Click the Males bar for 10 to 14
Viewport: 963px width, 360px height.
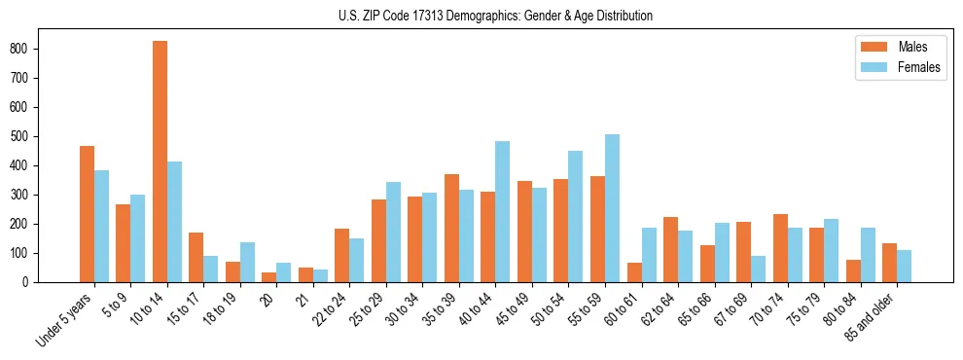click(160, 162)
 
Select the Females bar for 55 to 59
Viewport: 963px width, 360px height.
click(612, 208)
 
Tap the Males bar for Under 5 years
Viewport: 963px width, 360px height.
click(87, 214)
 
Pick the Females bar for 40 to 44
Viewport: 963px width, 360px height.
click(502, 212)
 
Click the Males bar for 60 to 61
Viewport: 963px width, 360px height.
click(634, 272)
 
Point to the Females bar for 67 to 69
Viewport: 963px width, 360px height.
click(758, 270)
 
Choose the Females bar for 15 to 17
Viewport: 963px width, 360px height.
click(211, 270)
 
